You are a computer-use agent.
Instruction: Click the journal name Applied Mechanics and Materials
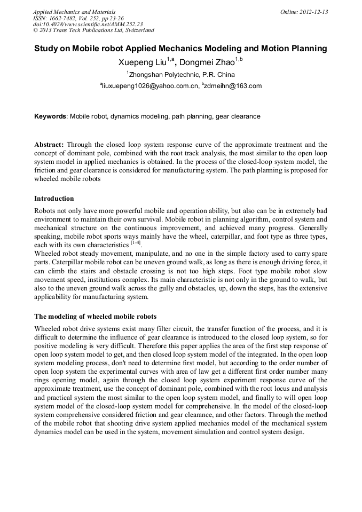[x=74, y=12]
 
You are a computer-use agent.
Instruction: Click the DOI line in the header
[x=88, y=25]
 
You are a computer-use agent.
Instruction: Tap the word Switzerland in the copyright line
[x=136, y=30]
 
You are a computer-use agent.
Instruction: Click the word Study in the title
[x=46, y=49]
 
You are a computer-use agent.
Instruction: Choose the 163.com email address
[x=234, y=86]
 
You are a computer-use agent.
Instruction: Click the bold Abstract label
[x=49, y=145]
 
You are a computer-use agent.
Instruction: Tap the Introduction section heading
[x=54, y=199]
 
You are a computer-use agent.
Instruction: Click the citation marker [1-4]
[x=136, y=243]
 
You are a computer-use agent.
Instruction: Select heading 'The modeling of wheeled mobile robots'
[x=95, y=317]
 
